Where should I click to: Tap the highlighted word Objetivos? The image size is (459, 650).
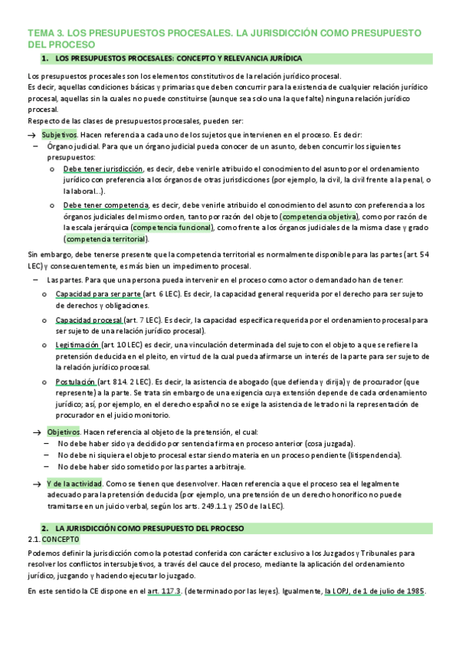pos(63,432)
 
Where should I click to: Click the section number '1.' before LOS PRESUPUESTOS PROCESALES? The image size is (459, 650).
pos(45,58)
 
